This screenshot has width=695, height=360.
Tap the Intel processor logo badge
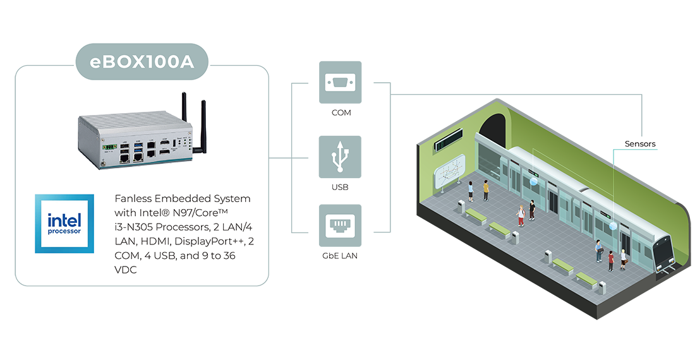(64, 224)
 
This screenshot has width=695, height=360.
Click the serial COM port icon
(341, 81)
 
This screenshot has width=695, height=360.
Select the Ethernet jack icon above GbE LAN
(341, 225)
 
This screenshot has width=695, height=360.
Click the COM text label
(341, 112)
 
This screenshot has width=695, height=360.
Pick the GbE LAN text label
(341, 256)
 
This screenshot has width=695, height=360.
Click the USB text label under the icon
(340, 187)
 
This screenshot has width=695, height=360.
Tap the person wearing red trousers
(521, 215)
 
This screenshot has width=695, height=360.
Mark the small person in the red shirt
(610, 260)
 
